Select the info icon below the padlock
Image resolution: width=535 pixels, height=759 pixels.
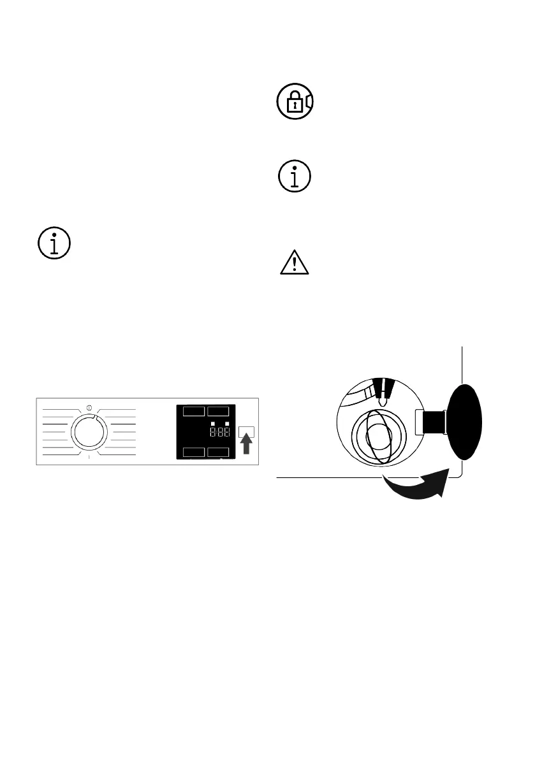click(x=294, y=175)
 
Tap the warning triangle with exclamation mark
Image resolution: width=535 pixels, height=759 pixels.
click(x=294, y=263)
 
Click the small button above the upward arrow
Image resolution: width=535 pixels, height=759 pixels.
click(x=246, y=433)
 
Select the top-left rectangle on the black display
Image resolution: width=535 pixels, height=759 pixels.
click(x=193, y=412)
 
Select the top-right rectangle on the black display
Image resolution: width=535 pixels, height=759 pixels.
click(x=217, y=412)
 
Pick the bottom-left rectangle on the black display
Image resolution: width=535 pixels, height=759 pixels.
click(x=193, y=452)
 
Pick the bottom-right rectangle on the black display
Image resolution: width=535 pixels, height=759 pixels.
click(x=217, y=452)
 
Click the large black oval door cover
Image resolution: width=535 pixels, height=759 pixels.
click(x=464, y=422)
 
